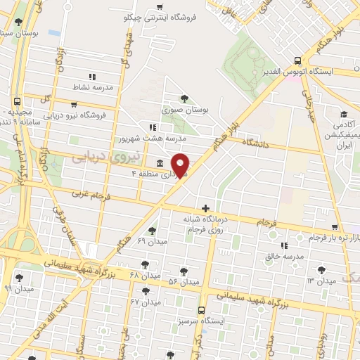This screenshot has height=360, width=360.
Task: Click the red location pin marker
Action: (x=181, y=165)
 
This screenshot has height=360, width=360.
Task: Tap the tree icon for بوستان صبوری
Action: (x=184, y=98)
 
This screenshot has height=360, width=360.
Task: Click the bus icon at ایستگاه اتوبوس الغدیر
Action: (x=297, y=60)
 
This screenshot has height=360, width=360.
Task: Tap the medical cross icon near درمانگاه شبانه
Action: (x=205, y=208)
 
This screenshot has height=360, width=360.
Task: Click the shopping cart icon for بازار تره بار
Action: (x=335, y=227)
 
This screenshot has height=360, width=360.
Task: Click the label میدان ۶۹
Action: (x=150, y=241)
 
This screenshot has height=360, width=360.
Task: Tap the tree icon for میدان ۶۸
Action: (x=145, y=264)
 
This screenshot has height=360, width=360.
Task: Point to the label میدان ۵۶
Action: (x=184, y=282)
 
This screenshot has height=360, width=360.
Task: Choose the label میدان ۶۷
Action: (x=146, y=302)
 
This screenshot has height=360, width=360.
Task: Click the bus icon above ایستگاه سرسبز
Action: (x=202, y=309)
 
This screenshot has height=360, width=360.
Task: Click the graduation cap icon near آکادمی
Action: (x=344, y=115)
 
